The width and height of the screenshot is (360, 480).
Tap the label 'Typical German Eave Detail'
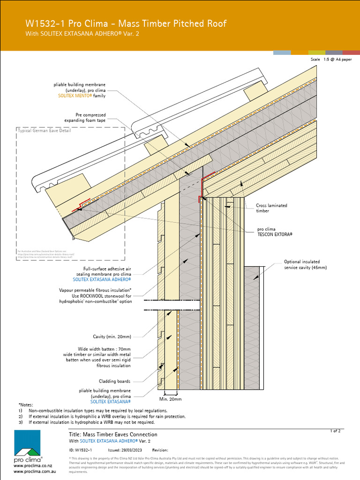[x=44, y=131]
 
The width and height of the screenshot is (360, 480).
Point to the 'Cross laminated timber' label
[x=271, y=208]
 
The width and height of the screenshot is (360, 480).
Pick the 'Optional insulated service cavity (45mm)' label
[x=305, y=264]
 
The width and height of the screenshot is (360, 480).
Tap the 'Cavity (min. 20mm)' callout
[x=112, y=337]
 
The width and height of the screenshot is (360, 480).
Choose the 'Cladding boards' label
[x=114, y=381]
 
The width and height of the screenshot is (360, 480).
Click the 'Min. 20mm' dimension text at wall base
[x=170, y=399]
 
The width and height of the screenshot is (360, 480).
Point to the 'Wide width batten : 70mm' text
[x=104, y=349]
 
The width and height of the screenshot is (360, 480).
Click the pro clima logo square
[x=27, y=443]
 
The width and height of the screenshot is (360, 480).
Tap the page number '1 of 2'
[x=336, y=430]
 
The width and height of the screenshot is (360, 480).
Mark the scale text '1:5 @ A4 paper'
[x=337, y=60]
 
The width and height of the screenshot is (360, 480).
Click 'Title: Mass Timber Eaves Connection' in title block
[x=113, y=435]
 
